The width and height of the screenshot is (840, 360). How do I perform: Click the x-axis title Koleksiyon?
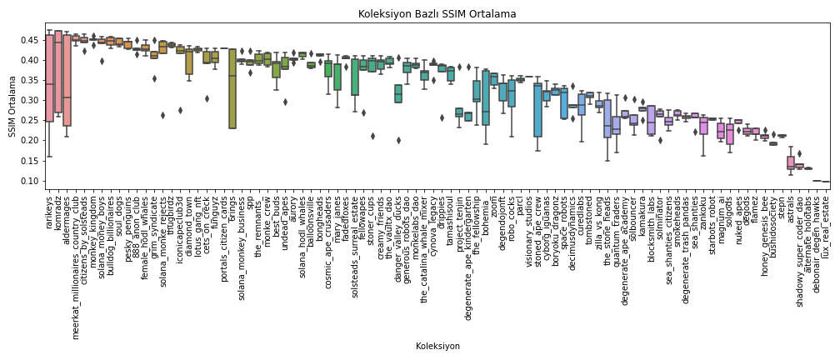437,346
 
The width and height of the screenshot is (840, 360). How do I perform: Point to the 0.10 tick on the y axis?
31,181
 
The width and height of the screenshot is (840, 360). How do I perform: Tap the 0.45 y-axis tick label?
31,40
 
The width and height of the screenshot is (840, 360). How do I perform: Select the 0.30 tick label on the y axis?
31,100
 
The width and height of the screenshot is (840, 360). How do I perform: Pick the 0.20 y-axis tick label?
31,141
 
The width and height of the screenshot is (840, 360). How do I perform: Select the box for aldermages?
67,80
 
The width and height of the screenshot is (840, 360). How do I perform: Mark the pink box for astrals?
790,162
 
